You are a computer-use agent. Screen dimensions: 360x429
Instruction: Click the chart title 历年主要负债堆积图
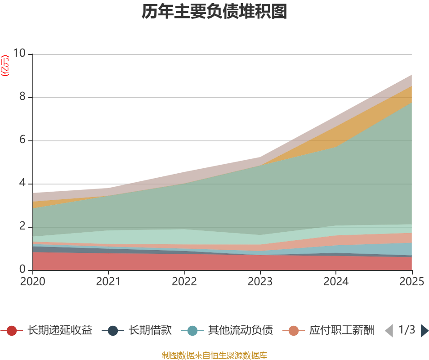[214, 12]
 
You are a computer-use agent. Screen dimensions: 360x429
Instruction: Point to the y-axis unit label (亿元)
[5, 66]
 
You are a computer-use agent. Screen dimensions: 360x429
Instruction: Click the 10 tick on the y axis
[20, 54]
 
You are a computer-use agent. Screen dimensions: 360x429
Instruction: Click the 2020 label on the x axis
[33, 282]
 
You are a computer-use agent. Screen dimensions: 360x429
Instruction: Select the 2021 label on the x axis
[108, 282]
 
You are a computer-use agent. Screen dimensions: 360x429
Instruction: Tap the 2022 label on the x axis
[184, 282]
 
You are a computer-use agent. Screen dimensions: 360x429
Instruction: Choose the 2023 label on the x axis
[260, 282]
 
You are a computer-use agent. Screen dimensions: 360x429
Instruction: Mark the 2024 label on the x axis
[336, 282]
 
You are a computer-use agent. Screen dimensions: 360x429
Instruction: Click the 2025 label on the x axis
[411, 282]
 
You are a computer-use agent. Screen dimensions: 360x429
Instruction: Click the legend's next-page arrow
[424, 331]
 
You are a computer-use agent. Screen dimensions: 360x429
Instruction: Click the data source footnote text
[214, 355]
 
